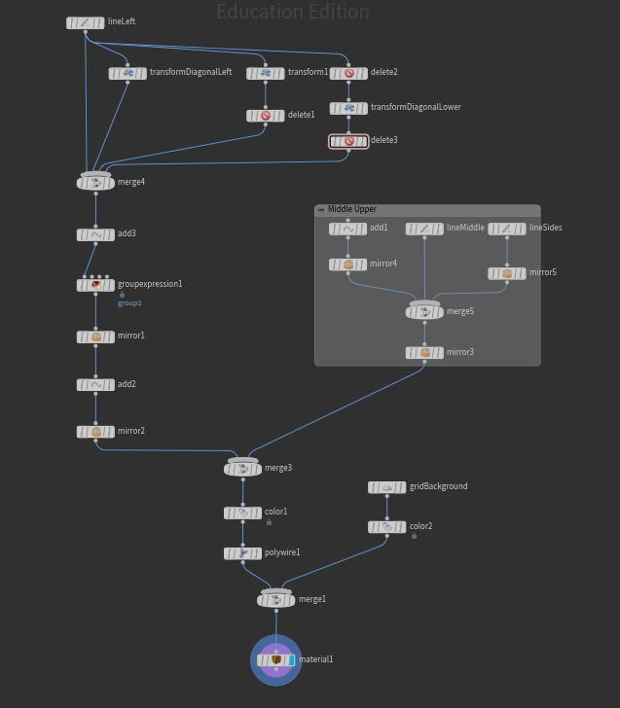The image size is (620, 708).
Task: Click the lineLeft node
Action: tap(86, 22)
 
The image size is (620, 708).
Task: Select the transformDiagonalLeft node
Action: tap(128, 73)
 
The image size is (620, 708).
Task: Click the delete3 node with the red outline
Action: tap(348, 141)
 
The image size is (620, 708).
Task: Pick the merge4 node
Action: tap(95, 182)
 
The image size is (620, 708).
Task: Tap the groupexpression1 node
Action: tap(95, 285)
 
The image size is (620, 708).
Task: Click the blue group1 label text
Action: tap(129, 303)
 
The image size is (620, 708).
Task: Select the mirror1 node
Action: tap(95, 336)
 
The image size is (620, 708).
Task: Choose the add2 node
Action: tap(95, 385)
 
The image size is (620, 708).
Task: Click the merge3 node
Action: tap(242, 468)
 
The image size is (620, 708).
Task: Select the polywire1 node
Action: tap(242, 552)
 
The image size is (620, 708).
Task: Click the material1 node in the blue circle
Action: tap(275, 660)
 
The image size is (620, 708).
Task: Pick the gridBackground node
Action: tap(387, 487)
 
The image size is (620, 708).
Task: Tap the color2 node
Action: tap(387, 527)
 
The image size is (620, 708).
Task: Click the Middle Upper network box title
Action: tap(352, 210)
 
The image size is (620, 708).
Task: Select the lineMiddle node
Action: tap(424, 229)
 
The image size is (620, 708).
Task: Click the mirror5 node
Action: tap(507, 273)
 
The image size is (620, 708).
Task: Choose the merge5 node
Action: tap(424, 312)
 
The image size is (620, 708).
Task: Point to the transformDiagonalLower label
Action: tap(416, 108)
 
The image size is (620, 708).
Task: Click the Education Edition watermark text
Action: tap(292, 13)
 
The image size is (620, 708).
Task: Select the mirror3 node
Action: tap(424, 352)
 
